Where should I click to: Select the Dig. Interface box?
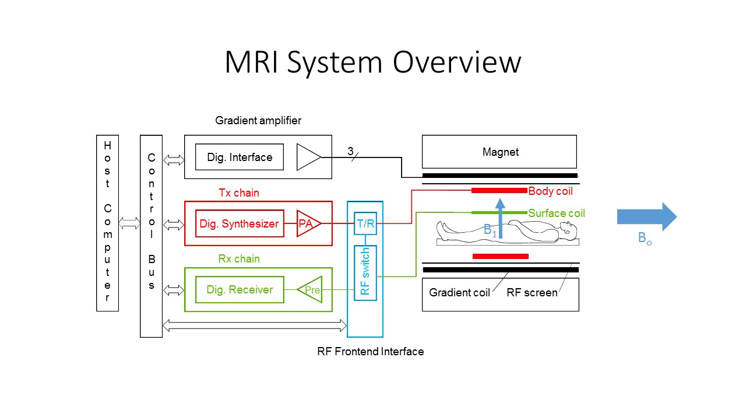(x=240, y=157)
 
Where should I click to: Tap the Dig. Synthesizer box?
(x=240, y=223)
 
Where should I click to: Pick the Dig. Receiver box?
(x=240, y=289)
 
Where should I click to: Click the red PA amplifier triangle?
(x=307, y=223)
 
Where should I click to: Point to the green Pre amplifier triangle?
(x=311, y=290)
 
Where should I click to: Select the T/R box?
(x=365, y=223)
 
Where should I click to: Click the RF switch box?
(x=365, y=273)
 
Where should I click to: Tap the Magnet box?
(x=499, y=152)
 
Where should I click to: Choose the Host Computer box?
(x=107, y=223)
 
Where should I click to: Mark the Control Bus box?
(x=151, y=236)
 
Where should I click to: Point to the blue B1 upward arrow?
(x=499, y=219)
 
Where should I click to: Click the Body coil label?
(x=550, y=191)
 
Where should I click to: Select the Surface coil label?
(x=556, y=213)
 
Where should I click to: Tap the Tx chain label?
(x=239, y=192)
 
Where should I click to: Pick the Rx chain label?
(x=239, y=258)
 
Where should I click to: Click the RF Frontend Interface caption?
(x=370, y=351)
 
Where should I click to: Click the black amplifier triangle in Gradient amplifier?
(x=307, y=157)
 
